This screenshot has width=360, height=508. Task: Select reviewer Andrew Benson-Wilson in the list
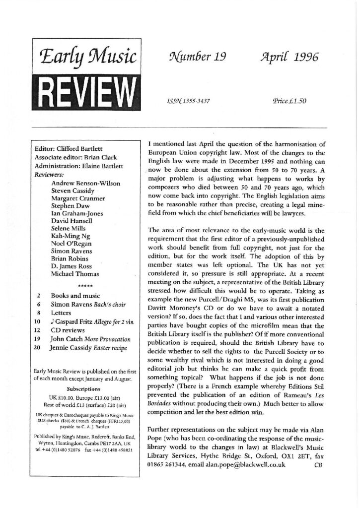[85, 184]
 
